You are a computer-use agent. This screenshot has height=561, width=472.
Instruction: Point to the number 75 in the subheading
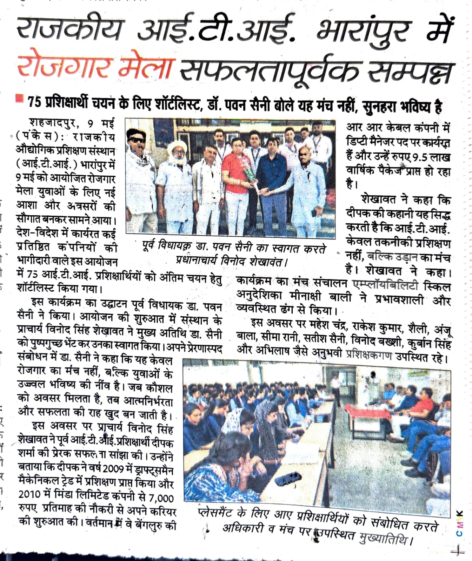pos(35,103)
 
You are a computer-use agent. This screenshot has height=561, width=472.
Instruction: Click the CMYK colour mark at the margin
pos(460,524)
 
